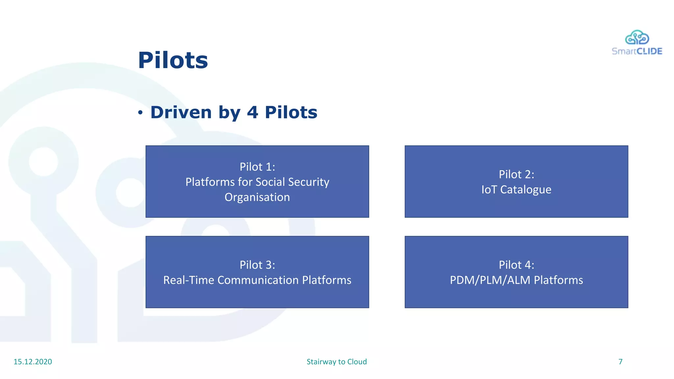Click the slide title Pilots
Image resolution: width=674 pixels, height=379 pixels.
click(x=173, y=61)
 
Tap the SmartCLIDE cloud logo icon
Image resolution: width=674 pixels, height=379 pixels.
click(x=637, y=38)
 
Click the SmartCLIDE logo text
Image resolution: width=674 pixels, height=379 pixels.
click(x=637, y=51)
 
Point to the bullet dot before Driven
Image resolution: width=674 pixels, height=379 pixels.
click(x=141, y=113)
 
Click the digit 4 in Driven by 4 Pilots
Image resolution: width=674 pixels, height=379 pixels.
click(x=252, y=112)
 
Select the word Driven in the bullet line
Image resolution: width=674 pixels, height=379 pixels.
click(x=181, y=112)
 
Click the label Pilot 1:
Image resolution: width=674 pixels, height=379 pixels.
click(x=257, y=167)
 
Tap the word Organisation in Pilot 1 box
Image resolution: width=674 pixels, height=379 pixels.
click(x=257, y=197)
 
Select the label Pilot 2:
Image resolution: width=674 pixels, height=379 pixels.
click(x=516, y=174)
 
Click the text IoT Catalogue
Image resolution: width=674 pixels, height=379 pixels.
click(x=516, y=189)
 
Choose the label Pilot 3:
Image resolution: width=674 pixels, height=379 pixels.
click(x=257, y=265)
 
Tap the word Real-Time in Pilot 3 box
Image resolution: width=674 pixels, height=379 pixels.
click(x=189, y=280)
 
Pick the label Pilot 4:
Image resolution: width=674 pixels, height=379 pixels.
click(x=516, y=265)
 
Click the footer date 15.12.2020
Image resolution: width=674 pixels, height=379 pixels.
click(x=33, y=362)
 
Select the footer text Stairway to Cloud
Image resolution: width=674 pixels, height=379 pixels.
click(x=336, y=362)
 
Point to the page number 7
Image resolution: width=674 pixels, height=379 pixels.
click(x=620, y=362)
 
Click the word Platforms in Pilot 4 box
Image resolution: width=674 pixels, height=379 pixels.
click(x=558, y=280)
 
